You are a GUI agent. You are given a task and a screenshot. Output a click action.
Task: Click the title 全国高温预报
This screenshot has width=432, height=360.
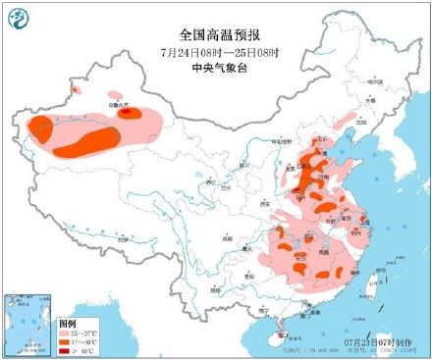tap(214, 33)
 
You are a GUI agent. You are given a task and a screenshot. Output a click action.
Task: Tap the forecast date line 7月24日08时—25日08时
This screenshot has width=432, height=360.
tap(214, 51)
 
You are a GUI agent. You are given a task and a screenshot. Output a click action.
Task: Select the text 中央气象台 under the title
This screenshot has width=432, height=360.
tap(214, 67)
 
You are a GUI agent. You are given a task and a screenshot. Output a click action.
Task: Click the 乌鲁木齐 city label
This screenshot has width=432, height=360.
tap(117, 102)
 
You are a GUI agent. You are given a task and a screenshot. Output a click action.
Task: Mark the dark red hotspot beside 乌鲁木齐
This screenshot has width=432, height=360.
tap(128, 113)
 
